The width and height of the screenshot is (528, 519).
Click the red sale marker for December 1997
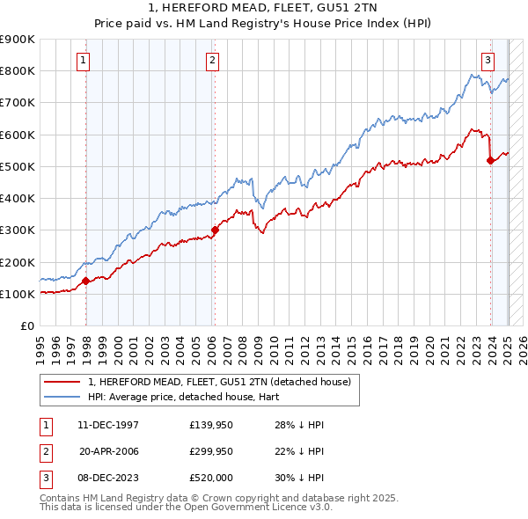click(x=86, y=281)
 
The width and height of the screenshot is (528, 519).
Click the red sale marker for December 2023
click(x=490, y=160)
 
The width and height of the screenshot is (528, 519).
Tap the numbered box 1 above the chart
click(x=82, y=61)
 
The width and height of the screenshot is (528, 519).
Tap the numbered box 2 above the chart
click(x=213, y=61)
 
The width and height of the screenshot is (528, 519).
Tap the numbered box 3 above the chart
click(x=487, y=61)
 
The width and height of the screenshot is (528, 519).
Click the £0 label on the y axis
click(x=26, y=325)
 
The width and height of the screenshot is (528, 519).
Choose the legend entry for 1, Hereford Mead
click(x=219, y=382)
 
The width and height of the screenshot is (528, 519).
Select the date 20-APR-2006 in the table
click(x=108, y=451)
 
